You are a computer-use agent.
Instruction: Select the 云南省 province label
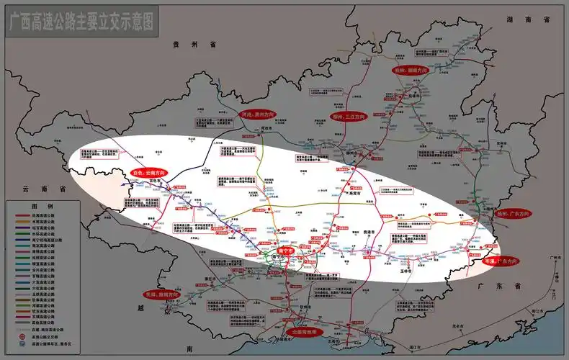pos(34,188)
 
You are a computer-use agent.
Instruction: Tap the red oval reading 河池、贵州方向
pos(258,114)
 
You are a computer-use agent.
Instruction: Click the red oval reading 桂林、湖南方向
pos(411,71)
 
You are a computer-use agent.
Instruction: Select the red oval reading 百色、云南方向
pos(148,173)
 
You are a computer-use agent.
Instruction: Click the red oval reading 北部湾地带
pos(308,333)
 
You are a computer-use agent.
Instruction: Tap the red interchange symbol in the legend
pos(20,336)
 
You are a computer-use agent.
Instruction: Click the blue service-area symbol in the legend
pos(20,345)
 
